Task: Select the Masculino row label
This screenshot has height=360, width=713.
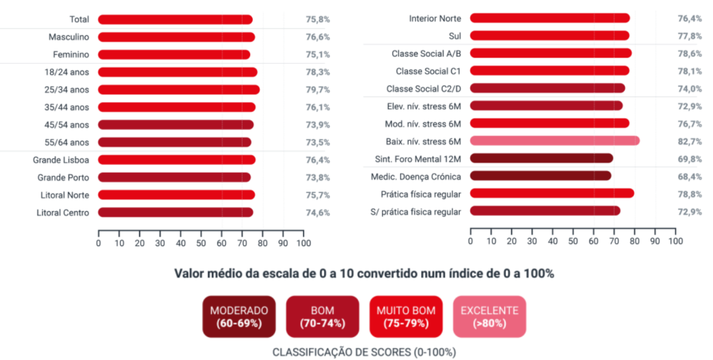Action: (69, 37)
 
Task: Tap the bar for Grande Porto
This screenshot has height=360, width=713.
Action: (174, 178)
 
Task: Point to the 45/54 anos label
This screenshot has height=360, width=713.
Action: (66, 125)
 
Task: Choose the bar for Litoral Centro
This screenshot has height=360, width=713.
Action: (176, 213)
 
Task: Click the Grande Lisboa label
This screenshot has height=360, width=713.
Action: (61, 160)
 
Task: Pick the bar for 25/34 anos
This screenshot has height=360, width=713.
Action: (179, 90)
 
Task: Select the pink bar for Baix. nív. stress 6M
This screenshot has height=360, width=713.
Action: (555, 141)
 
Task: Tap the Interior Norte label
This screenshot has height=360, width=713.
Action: (435, 19)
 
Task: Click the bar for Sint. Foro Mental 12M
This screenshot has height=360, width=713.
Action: (541, 159)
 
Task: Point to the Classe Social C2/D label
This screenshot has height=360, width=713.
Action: (423, 89)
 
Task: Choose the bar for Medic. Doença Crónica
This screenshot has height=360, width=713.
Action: (541, 177)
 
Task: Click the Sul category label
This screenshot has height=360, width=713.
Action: (455, 36)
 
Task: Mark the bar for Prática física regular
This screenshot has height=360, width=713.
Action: (552, 194)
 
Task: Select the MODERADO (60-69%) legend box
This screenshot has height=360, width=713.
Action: (239, 317)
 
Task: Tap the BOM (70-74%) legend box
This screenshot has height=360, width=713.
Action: (322, 317)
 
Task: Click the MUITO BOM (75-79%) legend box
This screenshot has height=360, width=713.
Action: (406, 317)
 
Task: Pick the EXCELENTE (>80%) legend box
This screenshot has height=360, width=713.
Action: (490, 317)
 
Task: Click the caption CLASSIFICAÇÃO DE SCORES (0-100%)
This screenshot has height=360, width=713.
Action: (364, 352)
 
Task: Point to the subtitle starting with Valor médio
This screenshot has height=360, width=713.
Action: (364, 273)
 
